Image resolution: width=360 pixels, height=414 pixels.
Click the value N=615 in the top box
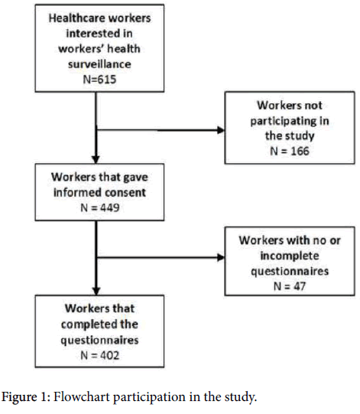point(99,80)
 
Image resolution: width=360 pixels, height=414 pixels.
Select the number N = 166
point(290,152)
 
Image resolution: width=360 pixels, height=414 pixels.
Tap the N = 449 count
point(99,208)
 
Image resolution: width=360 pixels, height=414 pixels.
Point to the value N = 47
point(290,286)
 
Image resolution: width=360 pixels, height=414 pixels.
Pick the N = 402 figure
point(99,355)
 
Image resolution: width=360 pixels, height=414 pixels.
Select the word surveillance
point(99,64)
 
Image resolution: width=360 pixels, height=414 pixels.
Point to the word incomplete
point(290,256)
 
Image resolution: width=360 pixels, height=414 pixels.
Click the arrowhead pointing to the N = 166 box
point(220,130)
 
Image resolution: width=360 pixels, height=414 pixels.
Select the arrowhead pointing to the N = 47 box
point(220,257)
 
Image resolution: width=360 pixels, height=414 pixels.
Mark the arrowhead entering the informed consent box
point(96,159)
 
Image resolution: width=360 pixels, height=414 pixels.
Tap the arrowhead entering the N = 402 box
point(96,291)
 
